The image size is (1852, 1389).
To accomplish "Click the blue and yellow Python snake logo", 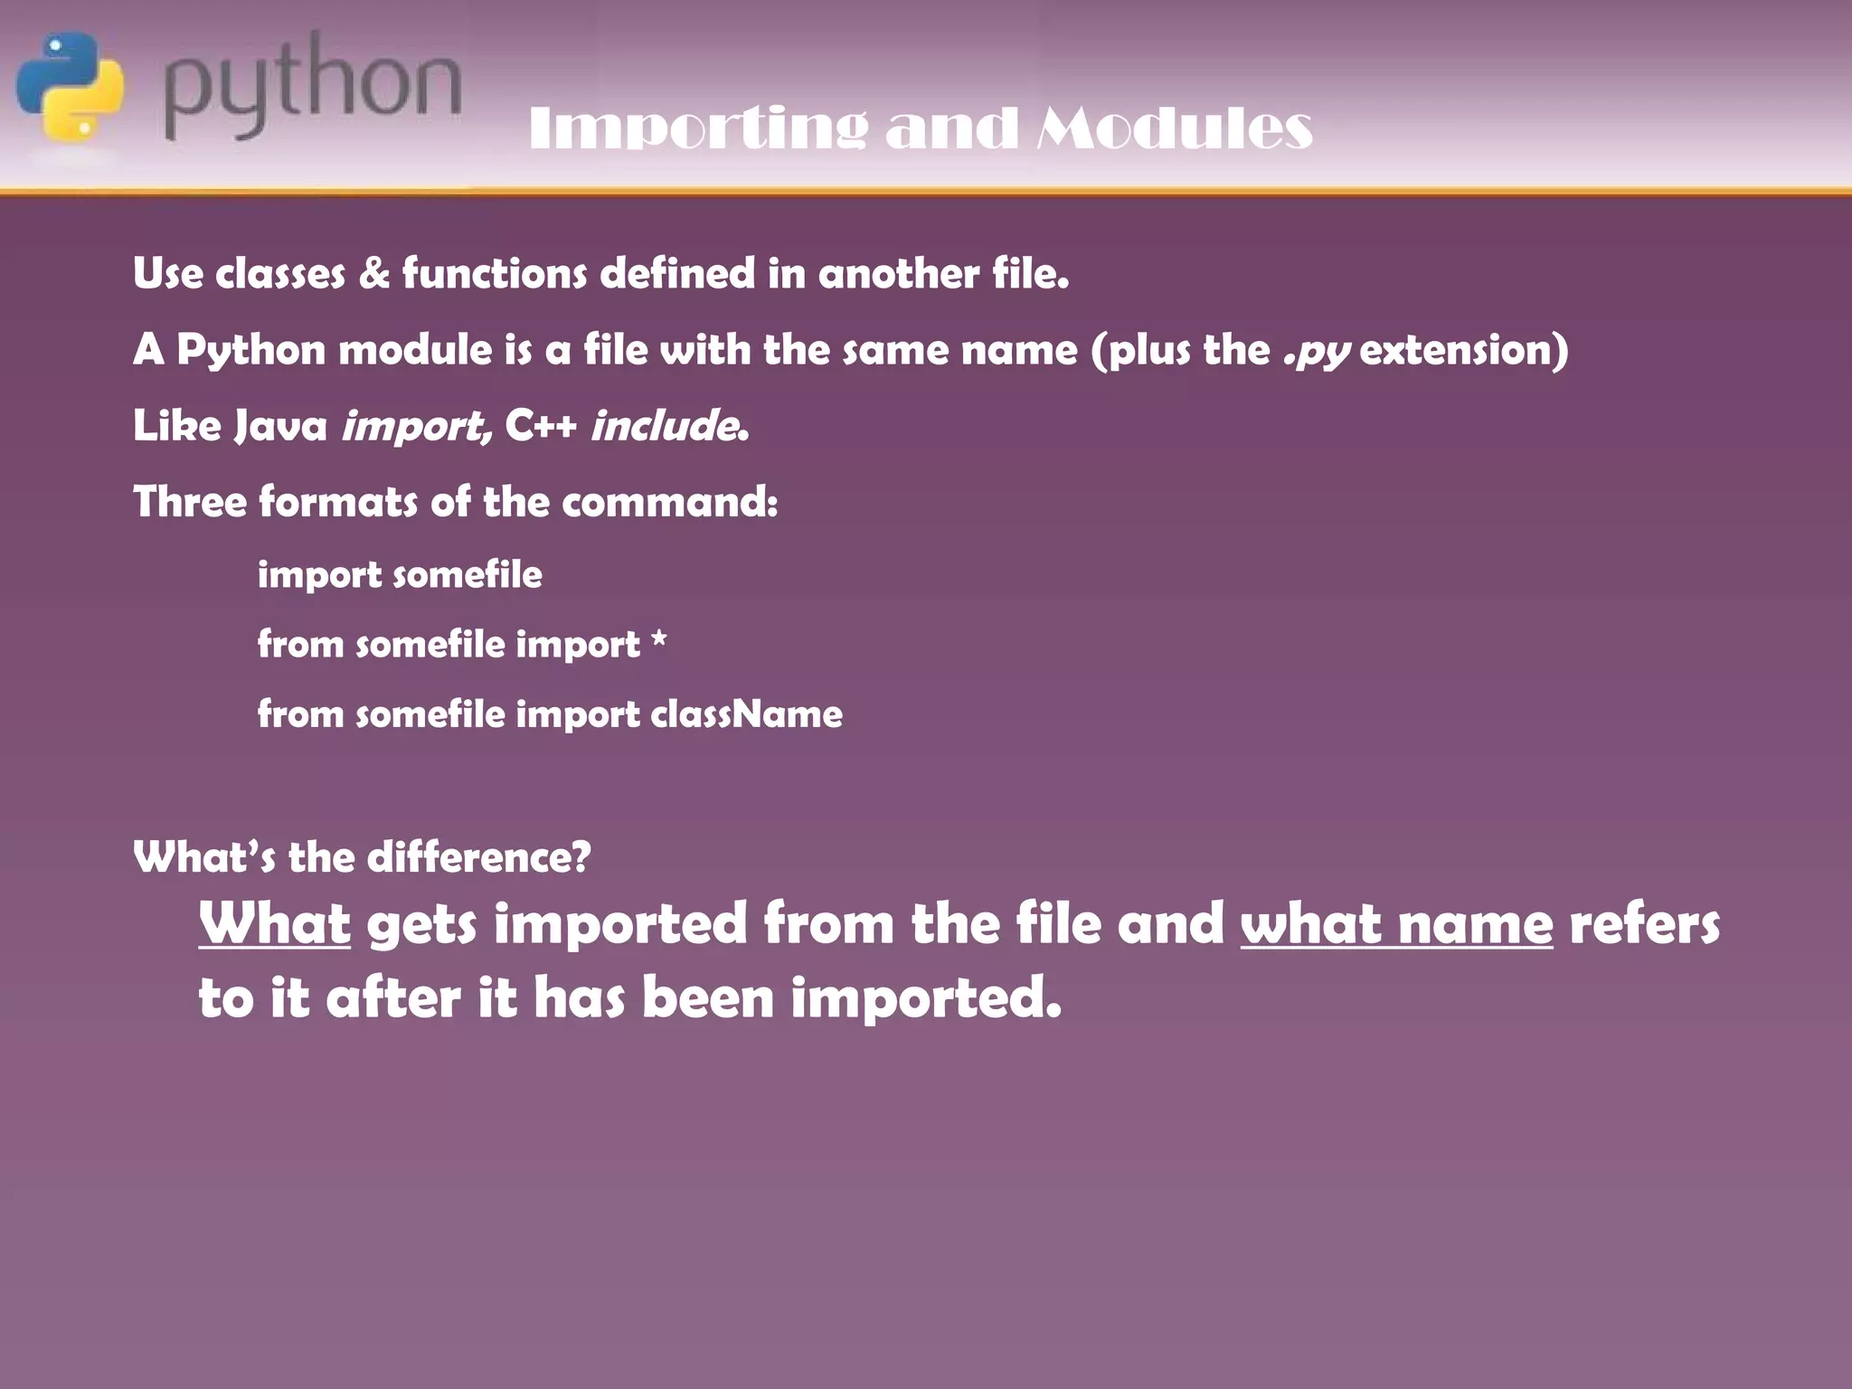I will [x=71, y=87].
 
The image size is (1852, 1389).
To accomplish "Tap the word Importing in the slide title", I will [x=698, y=128].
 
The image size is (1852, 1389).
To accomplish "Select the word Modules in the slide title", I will [x=1174, y=128].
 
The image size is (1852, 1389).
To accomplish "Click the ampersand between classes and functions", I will [x=373, y=273].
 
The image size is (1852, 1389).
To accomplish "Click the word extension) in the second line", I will [x=1464, y=350].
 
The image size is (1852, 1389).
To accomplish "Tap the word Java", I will [x=280, y=425].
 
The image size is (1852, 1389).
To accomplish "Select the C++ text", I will [x=541, y=425].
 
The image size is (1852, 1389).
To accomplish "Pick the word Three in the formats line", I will [x=190, y=501].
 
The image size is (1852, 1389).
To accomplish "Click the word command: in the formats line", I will [x=669, y=501].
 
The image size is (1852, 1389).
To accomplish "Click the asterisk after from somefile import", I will [x=659, y=640].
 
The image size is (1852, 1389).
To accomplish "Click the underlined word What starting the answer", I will [x=275, y=924].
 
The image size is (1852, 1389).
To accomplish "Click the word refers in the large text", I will [x=1644, y=924].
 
